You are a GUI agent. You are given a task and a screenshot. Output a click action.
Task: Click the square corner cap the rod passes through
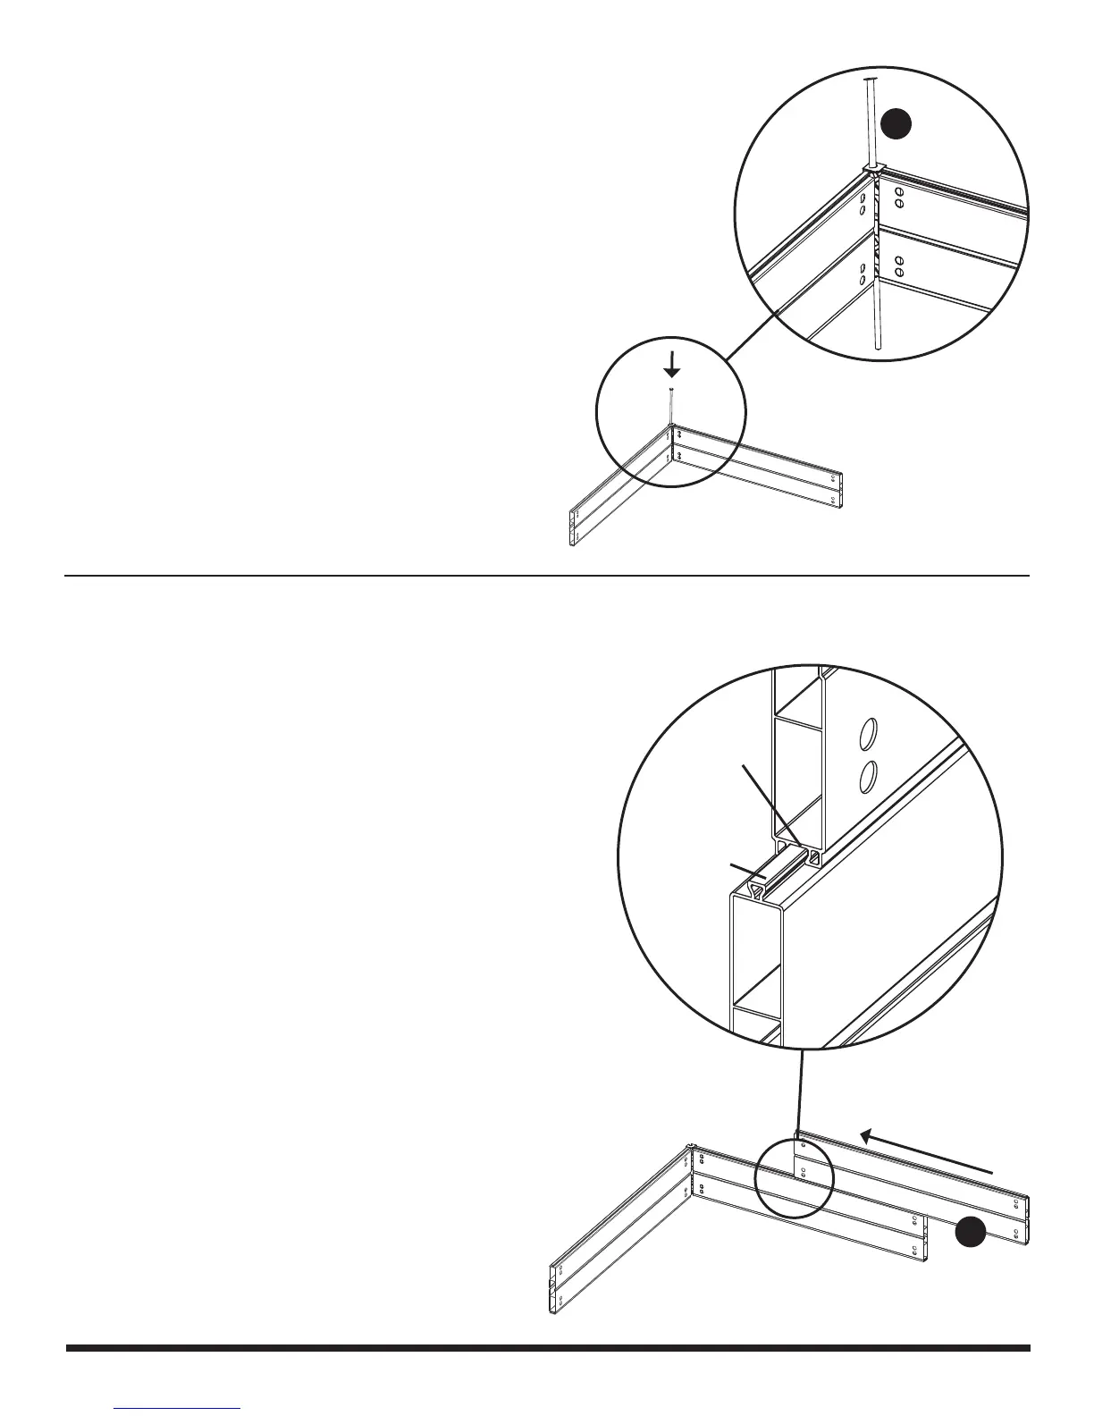coord(873,168)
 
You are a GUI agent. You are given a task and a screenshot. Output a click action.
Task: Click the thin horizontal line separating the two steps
coord(547,576)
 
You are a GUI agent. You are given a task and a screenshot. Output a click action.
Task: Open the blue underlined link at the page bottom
coord(178,1408)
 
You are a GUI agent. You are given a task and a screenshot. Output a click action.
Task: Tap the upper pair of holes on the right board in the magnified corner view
coord(900,198)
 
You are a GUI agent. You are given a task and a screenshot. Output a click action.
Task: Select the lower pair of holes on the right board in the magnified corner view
coord(900,266)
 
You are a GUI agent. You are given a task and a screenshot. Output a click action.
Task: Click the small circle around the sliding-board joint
coord(794,1176)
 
